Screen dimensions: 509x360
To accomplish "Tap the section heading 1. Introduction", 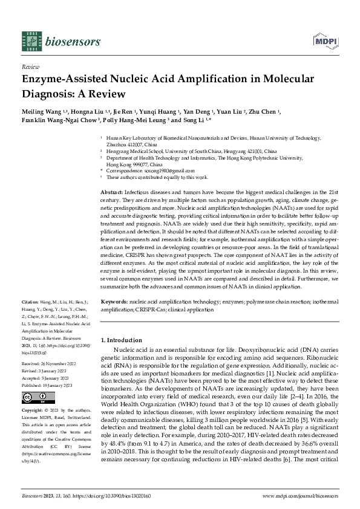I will [121, 340].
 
